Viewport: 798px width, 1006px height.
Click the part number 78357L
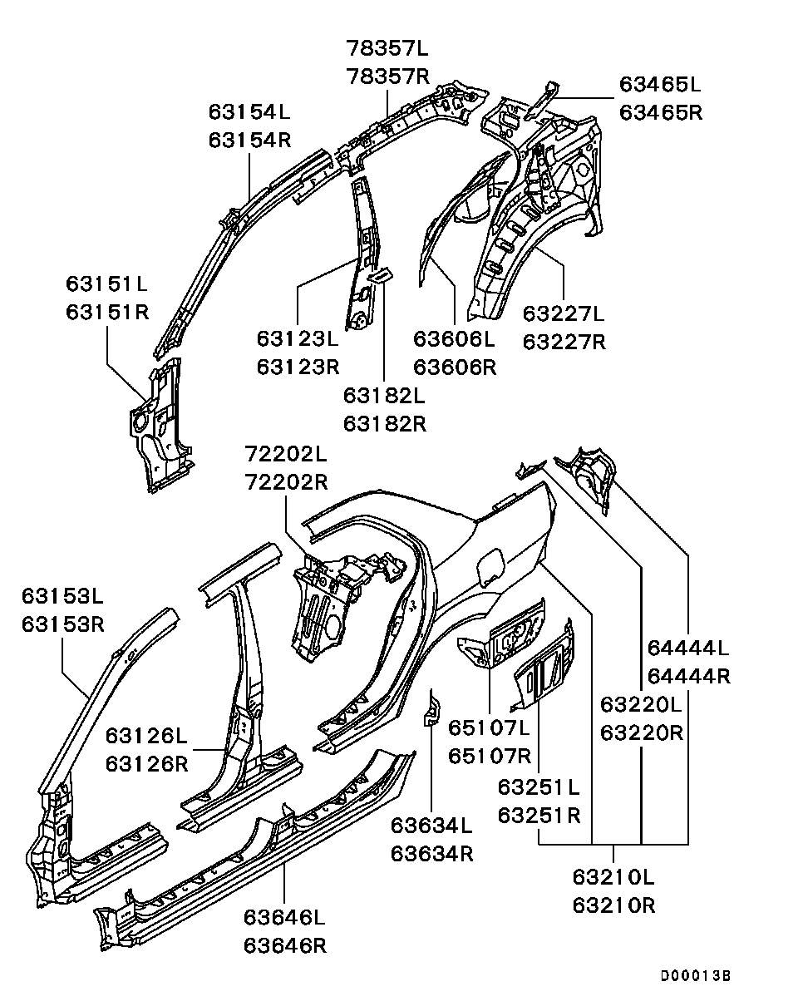point(387,49)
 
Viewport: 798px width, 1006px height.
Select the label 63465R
point(661,111)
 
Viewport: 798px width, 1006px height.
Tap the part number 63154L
point(249,111)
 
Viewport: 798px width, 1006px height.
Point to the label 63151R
point(107,312)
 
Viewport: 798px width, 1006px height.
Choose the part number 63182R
point(385,423)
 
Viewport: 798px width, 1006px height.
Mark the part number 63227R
point(564,342)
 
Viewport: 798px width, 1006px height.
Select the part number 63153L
point(63,596)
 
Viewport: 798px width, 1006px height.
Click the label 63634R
point(432,854)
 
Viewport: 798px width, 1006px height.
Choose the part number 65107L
point(490,728)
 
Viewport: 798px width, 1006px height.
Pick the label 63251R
point(539,816)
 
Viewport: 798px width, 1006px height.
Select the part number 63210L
point(613,877)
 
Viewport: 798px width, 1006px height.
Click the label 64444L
point(688,648)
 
